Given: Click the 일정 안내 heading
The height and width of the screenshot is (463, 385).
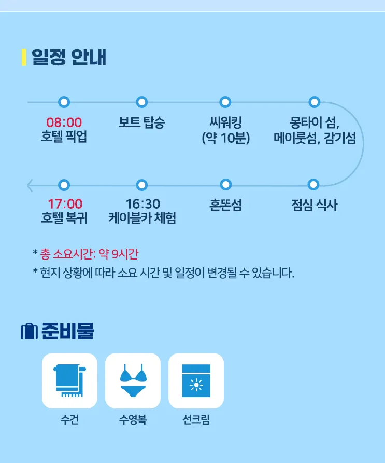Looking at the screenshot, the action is tap(68, 57).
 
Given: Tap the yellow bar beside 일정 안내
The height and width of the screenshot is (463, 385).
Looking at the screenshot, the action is tap(24, 57).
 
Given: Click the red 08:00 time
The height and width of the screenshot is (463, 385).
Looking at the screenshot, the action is tap(64, 122).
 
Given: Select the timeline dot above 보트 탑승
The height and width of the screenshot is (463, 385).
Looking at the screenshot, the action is tap(142, 102).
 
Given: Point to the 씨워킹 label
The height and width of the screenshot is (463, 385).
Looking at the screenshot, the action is tap(225, 122).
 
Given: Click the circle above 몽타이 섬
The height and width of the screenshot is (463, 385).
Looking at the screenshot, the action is tap(314, 102).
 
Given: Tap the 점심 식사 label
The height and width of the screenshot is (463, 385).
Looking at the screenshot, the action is tap(314, 205).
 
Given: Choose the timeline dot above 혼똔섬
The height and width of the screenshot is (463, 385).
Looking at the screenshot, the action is tap(225, 185).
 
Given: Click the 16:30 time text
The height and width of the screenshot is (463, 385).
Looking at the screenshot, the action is tap(143, 204).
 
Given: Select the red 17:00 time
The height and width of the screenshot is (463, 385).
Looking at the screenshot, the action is tap(65, 204).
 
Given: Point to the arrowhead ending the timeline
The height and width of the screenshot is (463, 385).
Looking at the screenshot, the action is tap(30, 185).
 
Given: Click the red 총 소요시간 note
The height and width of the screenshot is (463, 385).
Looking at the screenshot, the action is tap(89, 254).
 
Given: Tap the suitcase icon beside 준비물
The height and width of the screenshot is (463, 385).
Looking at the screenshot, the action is tap(29, 332).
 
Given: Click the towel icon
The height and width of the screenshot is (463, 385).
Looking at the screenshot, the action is tap(69, 380).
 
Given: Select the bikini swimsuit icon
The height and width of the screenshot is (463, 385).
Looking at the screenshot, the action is tap(133, 380).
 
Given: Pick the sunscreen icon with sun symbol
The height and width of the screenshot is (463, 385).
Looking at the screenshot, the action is tap(196, 380).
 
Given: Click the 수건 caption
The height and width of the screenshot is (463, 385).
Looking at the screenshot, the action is tap(69, 419).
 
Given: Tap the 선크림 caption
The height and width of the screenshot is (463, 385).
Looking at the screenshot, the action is tap(196, 419).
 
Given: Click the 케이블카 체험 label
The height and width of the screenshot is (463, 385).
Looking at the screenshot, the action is tap(142, 218).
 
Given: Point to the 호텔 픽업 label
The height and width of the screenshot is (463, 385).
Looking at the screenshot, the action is tap(64, 137).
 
